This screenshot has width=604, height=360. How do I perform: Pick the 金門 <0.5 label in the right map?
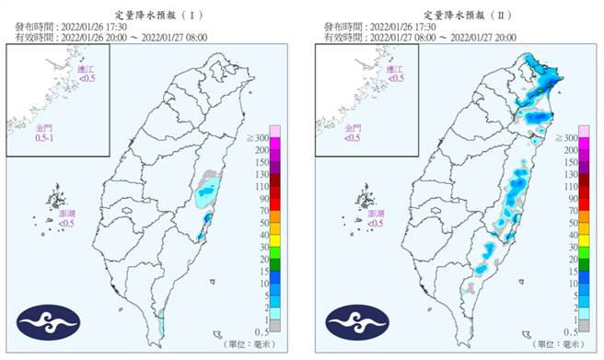coord(352,137)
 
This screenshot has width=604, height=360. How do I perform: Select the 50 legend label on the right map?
coord(573,221)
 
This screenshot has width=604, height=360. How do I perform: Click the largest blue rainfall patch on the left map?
coord(208,192)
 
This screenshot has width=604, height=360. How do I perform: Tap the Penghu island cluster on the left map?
coord(57,198)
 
